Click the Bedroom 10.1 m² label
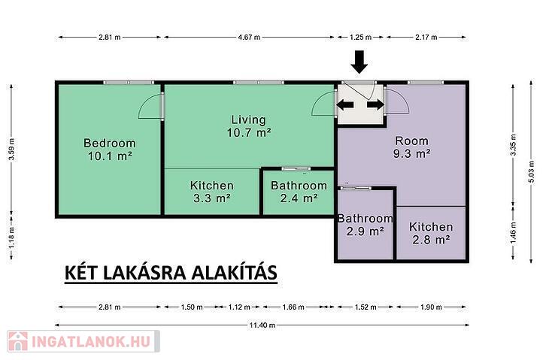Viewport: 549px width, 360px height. tap(110, 150)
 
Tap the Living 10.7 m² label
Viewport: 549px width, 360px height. tap(249, 126)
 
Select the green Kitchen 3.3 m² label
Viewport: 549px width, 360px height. tap(212, 192)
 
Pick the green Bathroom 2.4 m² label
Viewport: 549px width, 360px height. tap(299, 192)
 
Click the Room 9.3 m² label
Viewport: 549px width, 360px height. tap(412, 147)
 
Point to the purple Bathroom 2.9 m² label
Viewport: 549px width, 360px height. tap(365, 225)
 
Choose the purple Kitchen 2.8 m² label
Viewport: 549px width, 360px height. tap(431, 233)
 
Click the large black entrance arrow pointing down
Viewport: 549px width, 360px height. tap(359, 62)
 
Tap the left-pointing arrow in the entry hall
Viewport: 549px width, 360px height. tap(345, 104)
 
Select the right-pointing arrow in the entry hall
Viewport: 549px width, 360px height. tap(376, 104)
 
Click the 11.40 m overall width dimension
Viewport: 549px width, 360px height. tap(262, 325)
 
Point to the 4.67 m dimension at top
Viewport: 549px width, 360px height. tap(249, 37)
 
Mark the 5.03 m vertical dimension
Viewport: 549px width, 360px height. tap(531, 171)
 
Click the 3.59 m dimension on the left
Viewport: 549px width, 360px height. tap(11, 149)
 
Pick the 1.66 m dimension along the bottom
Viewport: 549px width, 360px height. tap(293, 307)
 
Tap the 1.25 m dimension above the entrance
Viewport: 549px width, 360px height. tap(361, 37)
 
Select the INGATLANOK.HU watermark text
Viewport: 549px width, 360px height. tap(91, 341)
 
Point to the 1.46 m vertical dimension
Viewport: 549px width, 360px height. tap(514, 233)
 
